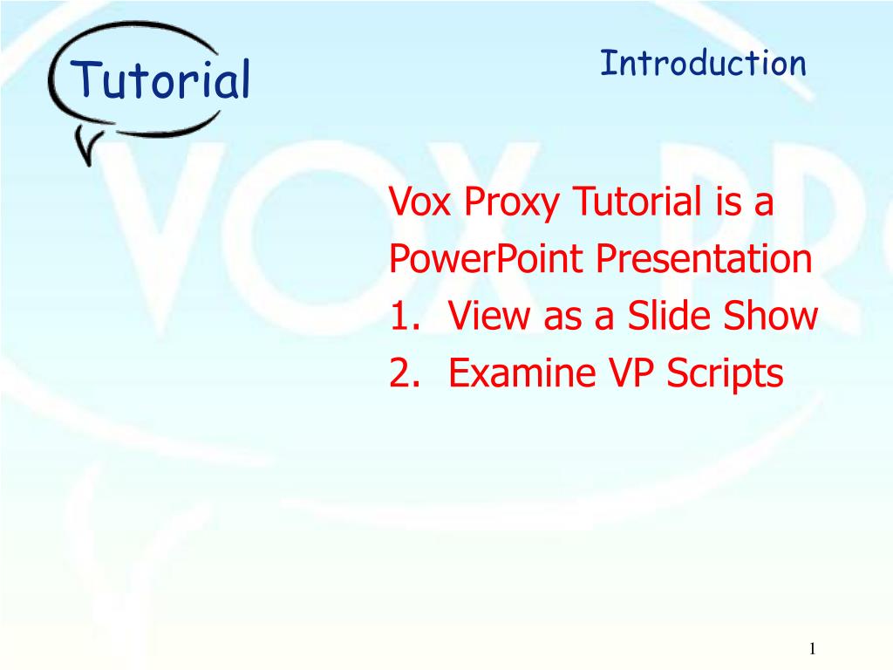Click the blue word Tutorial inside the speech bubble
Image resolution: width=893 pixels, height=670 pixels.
tap(162, 81)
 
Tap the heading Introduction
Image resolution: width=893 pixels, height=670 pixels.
tap(703, 64)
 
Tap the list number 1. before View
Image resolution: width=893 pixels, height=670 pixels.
tap(406, 317)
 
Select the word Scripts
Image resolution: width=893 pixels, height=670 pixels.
tap(726, 375)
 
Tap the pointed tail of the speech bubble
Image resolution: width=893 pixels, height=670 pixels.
tap(85, 153)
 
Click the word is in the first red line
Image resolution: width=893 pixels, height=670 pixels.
tap(727, 203)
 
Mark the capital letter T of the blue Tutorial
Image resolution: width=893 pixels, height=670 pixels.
tap(85, 80)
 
